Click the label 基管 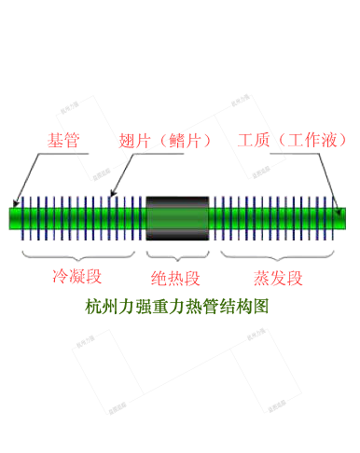[x=62, y=141]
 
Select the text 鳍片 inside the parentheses [x=187, y=141]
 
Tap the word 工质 [x=254, y=141]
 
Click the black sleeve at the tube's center [x=176, y=217]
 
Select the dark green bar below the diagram [x=176, y=306]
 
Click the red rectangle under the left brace [x=76, y=276]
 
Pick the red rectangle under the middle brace [x=175, y=278]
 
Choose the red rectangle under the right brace [x=278, y=278]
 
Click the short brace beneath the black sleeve [x=175, y=254]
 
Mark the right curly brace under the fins [x=278, y=254]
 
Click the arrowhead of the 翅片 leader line [x=111, y=196]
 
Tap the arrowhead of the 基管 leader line [x=16, y=203]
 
